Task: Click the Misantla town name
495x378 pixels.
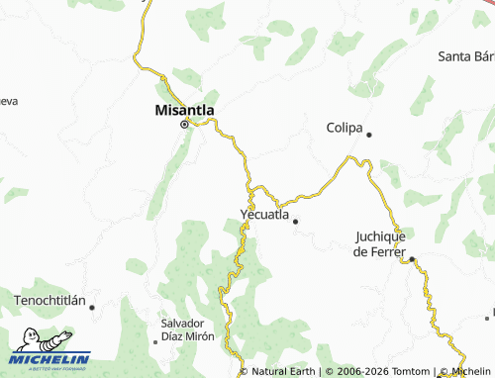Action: [x=185, y=110]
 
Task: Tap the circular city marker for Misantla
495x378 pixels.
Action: [x=184, y=125]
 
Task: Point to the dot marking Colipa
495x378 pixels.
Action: [x=369, y=135]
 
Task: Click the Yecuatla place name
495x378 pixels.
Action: [x=264, y=214]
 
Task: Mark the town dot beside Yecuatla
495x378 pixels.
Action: [x=294, y=222]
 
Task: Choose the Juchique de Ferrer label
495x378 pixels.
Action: [x=380, y=243]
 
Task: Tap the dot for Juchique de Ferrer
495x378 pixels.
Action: [x=413, y=259]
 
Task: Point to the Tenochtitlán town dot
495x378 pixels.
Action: [x=92, y=307]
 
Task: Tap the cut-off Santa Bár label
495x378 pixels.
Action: [x=465, y=55]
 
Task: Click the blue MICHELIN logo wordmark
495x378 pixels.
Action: [x=50, y=359]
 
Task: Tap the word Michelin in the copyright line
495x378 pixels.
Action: [x=469, y=371]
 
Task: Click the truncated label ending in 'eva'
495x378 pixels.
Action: [x=8, y=100]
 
